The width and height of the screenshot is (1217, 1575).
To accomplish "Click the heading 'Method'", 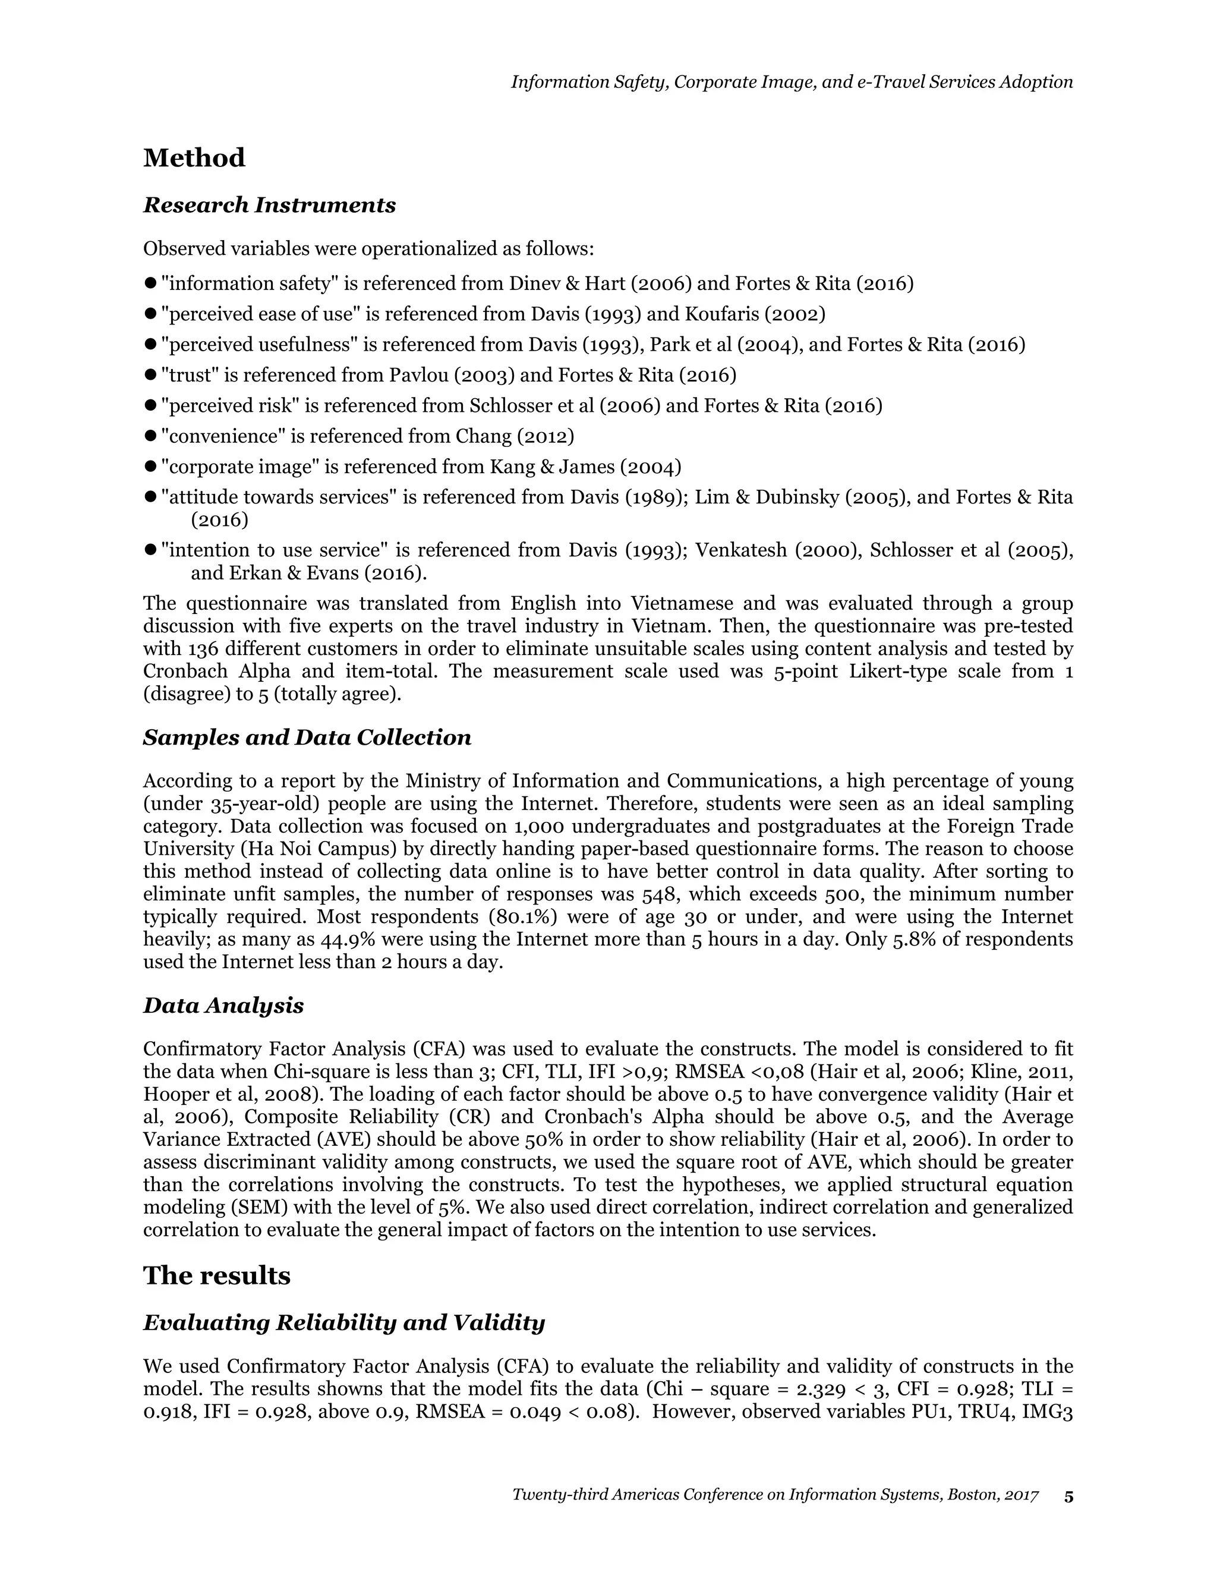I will (x=194, y=158).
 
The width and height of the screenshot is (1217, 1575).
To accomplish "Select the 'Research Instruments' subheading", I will (x=270, y=206).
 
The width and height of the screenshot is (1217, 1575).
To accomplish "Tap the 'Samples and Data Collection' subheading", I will (x=307, y=738).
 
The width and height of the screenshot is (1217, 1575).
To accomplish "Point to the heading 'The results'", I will (x=216, y=1275).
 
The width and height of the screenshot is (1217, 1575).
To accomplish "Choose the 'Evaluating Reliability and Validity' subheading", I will (x=344, y=1322).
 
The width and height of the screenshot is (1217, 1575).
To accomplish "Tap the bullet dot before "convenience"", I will (x=151, y=436).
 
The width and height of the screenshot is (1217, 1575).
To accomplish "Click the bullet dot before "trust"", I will (x=151, y=375).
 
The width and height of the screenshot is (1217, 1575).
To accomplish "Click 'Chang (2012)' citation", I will (x=515, y=436).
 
